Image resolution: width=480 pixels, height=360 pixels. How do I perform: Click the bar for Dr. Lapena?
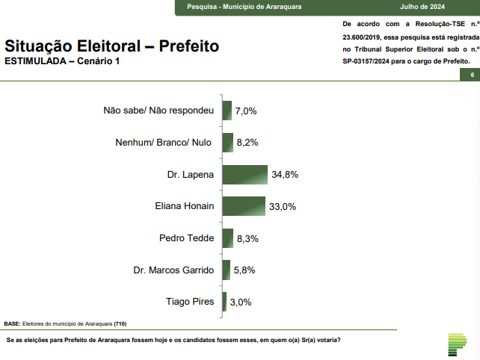(x=244, y=175)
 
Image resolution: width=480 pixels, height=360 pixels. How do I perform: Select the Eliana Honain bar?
(x=244, y=206)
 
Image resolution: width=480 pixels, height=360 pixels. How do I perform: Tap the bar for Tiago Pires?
(x=224, y=302)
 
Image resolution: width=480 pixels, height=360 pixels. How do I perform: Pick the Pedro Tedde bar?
(x=227, y=238)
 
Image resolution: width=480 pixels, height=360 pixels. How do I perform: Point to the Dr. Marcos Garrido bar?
(x=226, y=270)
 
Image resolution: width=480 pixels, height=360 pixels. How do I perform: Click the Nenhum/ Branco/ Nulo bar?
(x=227, y=143)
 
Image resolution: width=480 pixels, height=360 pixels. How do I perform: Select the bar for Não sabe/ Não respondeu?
(x=227, y=111)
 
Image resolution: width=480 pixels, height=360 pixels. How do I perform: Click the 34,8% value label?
(x=285, y=175)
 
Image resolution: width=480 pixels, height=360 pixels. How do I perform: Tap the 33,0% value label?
(x=283, y=206)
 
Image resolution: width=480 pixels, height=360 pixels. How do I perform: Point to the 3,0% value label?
(x=240, y=302)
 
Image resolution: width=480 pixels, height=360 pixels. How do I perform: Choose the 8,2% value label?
(x=247, y=143)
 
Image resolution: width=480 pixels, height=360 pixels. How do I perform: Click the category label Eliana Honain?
(x=184, y=206)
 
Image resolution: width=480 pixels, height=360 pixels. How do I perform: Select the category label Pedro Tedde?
(x=187, y=238)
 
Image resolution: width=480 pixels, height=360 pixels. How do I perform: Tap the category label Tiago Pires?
(x=190, y=302)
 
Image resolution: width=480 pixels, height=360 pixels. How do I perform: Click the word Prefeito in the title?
(x=189, y=46)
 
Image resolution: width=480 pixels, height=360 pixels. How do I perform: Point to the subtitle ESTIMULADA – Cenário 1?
(x=61, y=60)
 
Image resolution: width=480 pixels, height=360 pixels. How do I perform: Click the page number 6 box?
(x=472, y=75)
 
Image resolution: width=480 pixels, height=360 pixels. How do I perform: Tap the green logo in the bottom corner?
(x=455, y=344)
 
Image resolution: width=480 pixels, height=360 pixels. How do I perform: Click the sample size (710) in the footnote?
(x=120, y=324)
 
